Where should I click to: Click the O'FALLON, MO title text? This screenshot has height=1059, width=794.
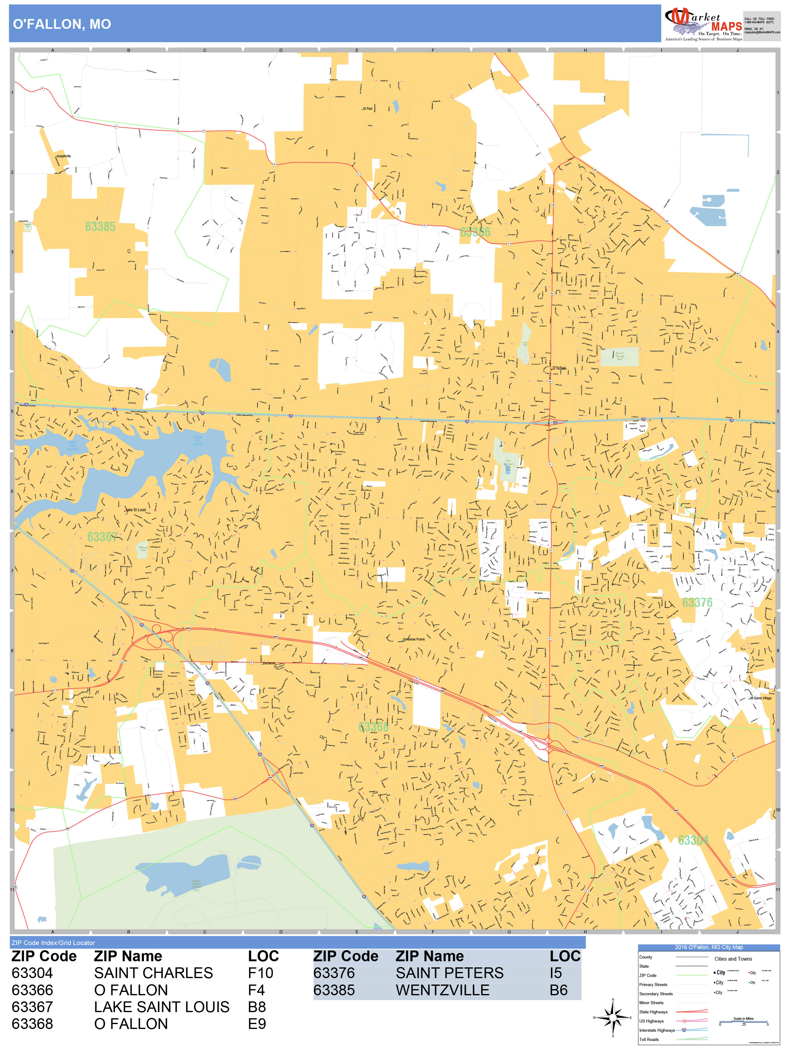(62, 24)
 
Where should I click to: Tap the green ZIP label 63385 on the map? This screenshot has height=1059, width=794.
(100, 226)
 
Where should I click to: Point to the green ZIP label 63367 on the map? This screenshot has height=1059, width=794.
(102, 537)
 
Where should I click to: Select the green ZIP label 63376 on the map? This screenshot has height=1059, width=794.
(697, 602)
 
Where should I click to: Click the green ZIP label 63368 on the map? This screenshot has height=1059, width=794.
(373, 727)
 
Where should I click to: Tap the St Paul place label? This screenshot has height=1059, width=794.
(368, 109)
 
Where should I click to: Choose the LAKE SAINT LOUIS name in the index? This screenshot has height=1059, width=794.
(162, 1007)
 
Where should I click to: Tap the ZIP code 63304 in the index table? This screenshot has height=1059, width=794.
(32, 973)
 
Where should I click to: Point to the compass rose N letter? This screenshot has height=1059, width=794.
(613, 1000)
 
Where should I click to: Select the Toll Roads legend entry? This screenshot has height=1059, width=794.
(649, 1039)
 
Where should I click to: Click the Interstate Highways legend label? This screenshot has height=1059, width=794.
(657, 1030)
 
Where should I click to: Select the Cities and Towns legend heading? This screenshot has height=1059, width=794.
(733, 959)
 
